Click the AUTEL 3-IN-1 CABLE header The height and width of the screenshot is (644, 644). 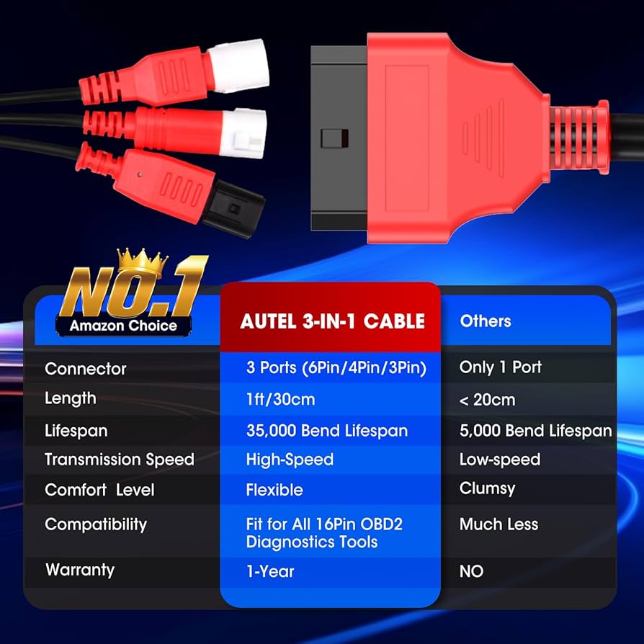coord(332,321)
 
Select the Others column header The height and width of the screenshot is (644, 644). coord(486,321)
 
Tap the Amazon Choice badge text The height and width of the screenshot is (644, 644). coord(123,326)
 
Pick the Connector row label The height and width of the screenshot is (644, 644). coord(85,369)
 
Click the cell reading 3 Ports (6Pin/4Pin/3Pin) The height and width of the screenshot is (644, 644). coord(336,368)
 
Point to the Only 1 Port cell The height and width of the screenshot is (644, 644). coord(501,367)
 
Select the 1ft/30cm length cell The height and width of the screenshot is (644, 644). coord(280,399)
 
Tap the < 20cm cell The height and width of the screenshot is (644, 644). coord(487,400)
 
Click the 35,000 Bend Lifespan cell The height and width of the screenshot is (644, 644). coord(327,431)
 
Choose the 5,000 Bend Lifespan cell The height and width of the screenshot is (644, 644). coord(535,431)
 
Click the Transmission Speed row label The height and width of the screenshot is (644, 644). coord(119,460)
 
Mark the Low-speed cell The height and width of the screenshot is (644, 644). coord(499,460)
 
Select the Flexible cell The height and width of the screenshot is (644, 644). coord(274,490)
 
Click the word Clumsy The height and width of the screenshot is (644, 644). coord(487,488)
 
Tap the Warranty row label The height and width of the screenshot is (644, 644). coord(79,570)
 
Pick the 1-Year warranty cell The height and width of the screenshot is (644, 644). coord(270,571)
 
